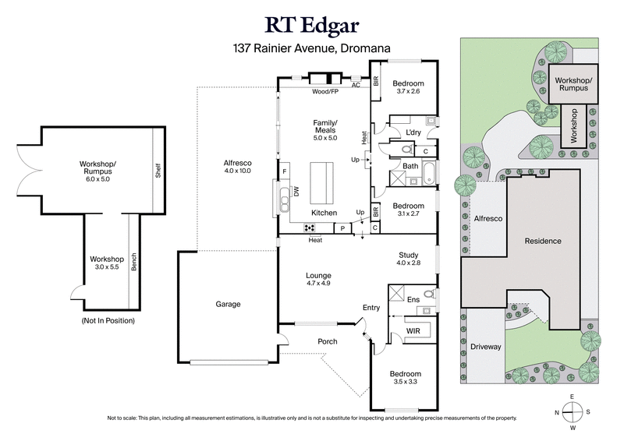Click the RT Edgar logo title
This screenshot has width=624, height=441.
[312, 23]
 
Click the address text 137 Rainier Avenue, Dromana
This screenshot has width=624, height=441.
[312, 48]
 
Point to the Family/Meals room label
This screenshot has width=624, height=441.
[325, 127]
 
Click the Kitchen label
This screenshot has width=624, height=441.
[324, 213]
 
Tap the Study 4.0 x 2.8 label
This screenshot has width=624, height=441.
[408, 258]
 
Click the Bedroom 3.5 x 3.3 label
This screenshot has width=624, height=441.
[406, 379]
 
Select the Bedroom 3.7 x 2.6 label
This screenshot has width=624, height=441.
[407, 87]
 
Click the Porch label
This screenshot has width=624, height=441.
[327, 341]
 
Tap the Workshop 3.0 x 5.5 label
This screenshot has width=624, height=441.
[107, 263]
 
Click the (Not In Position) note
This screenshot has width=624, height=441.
[108, 321]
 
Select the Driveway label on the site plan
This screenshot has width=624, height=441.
[486, 347]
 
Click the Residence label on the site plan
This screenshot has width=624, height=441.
[541, 241]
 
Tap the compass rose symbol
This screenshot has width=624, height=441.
[573, 412]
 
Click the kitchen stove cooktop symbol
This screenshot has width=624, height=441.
[310, 228]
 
